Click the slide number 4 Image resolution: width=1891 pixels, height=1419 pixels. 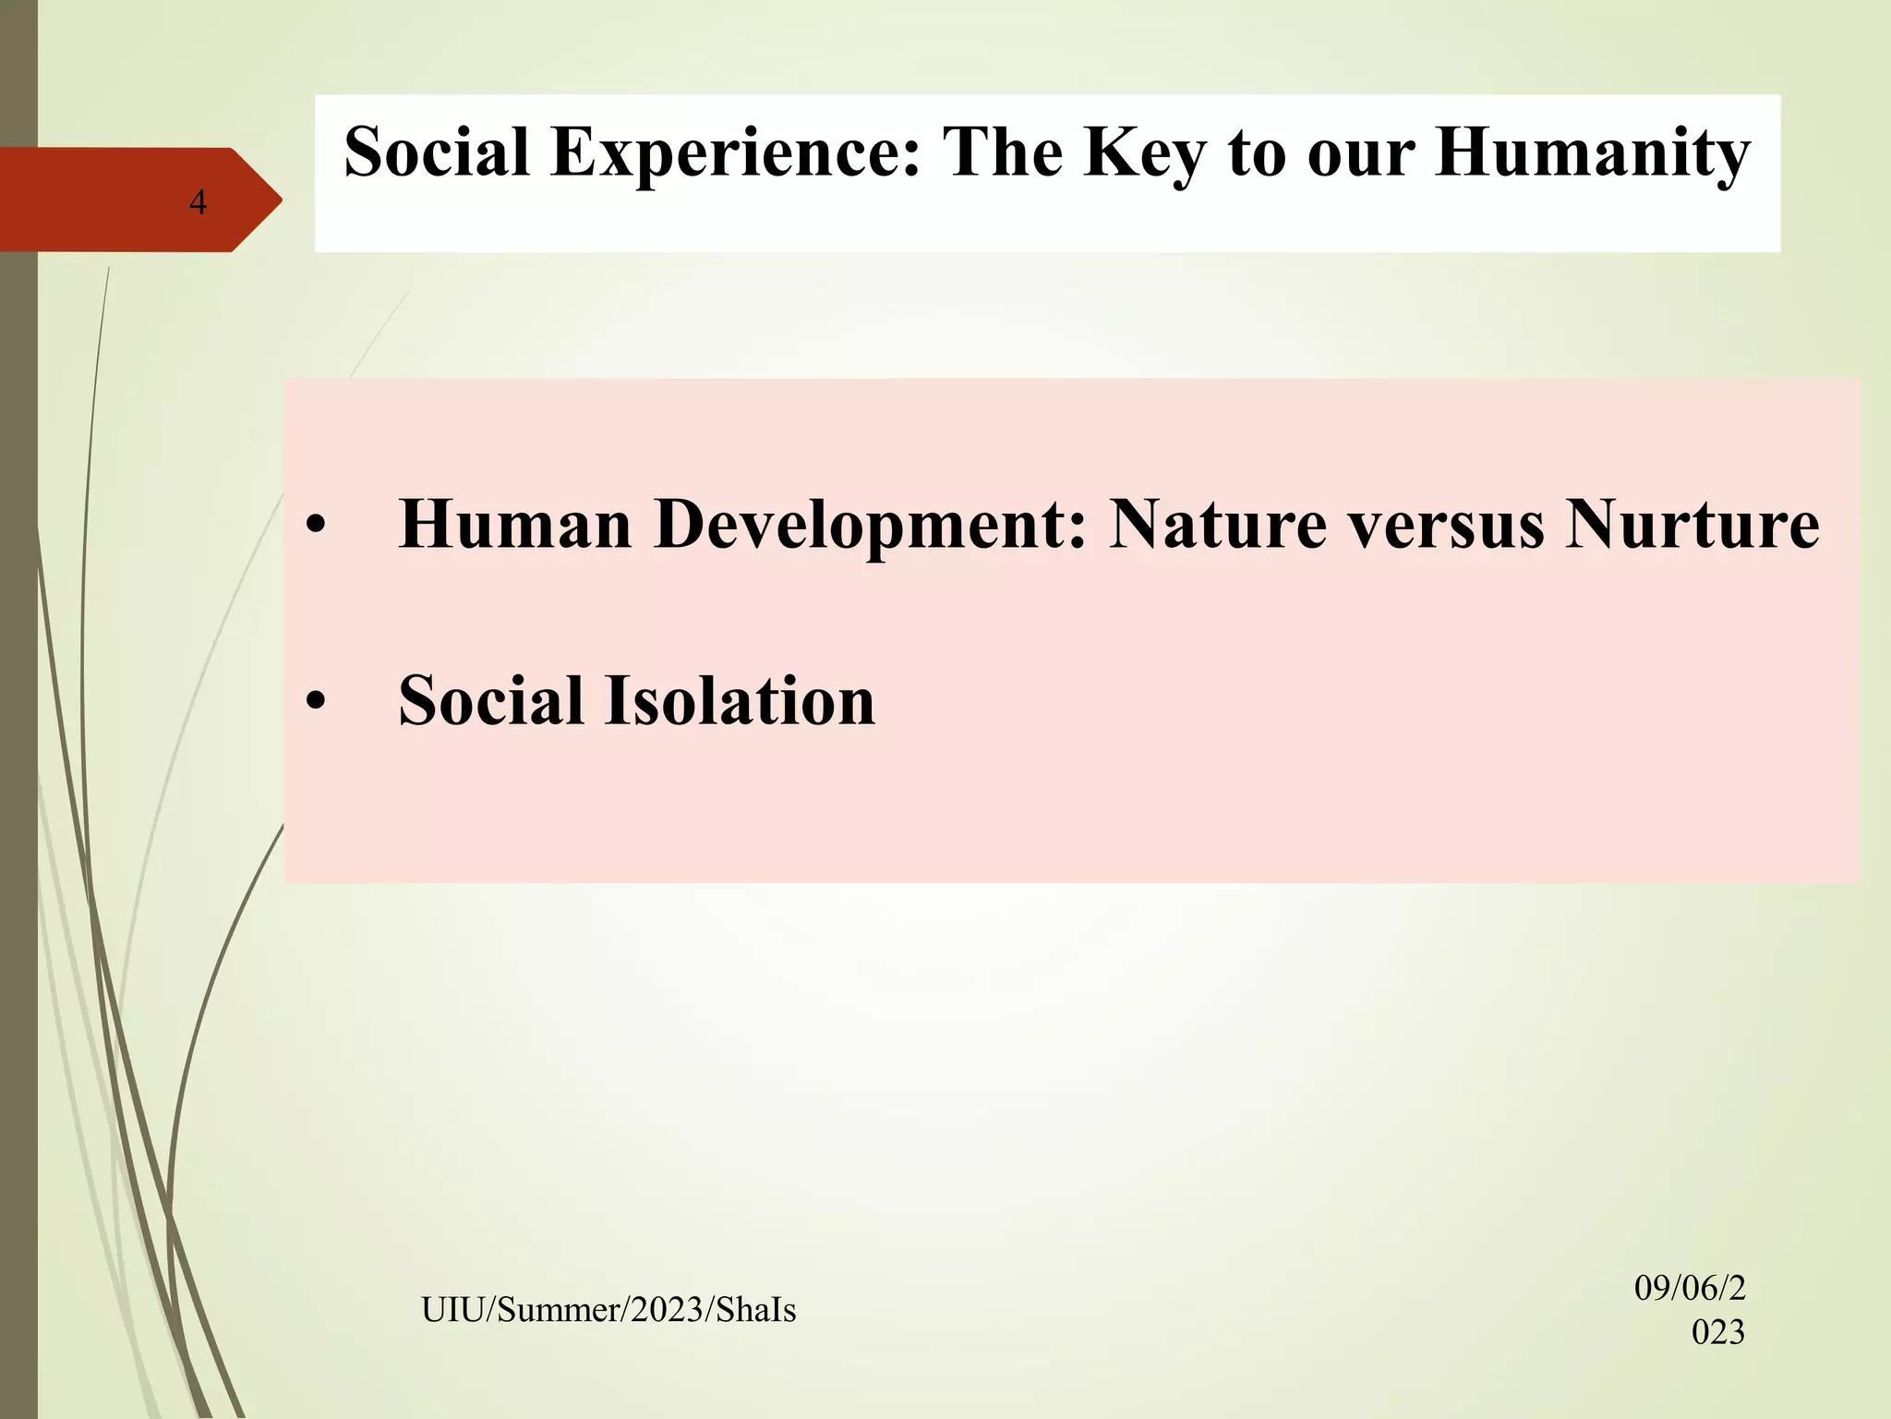(198, 202)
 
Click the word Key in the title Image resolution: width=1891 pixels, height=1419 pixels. (1144, 152)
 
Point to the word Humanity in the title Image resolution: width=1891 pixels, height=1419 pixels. (1593, 152)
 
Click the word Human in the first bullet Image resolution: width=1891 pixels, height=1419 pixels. (514, 525)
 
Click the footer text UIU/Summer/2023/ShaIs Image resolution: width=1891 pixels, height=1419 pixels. (608, 1310)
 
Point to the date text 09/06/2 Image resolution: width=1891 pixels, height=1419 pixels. (1689, 1288)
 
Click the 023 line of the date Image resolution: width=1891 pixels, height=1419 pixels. (1717, 1332)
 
